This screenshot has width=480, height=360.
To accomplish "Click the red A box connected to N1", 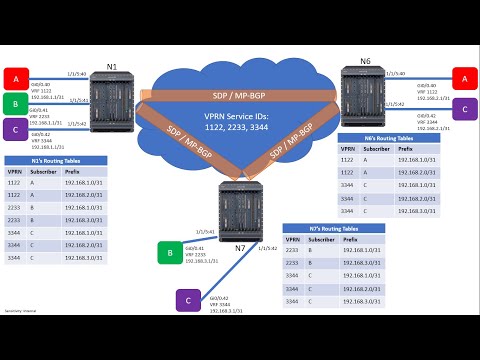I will tap(16, 76).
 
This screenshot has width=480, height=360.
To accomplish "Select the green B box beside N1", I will tap(16, 103).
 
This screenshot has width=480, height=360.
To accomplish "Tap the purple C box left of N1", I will tap(16, 129).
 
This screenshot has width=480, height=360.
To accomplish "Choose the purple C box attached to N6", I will tap(464, 107).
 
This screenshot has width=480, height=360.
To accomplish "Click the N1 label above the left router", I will tap(112, 66).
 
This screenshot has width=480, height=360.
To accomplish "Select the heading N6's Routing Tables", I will tap(371, 139).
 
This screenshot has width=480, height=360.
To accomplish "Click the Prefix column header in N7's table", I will tap(351, 240).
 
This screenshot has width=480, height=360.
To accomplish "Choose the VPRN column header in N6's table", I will tap(347, 150).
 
